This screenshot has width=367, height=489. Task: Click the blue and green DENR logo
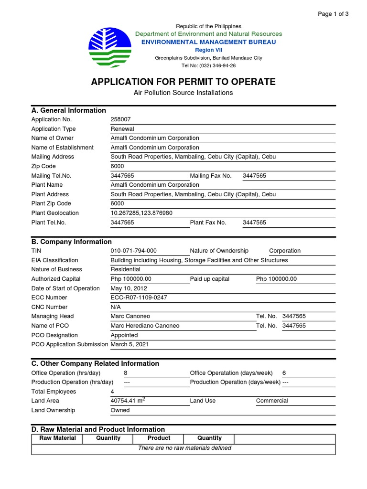[109, 47]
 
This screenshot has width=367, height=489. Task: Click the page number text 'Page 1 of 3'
[333, 14]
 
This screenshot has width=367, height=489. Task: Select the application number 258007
[120, 120]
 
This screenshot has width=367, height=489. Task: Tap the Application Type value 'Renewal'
[122, 129]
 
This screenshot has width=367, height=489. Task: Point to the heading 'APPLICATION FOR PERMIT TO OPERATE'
[183, 82]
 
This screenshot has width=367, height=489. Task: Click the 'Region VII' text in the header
[208, 50]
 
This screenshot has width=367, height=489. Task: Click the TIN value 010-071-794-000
[133, 251]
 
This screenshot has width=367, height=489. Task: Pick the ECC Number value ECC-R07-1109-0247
[139, 298]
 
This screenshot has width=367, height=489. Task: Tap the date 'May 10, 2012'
[129, 288]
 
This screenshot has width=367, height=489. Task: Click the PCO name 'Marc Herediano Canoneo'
[145, 326]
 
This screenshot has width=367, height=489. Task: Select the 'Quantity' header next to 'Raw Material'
[108, 438]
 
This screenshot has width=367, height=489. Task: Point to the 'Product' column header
[159, 438]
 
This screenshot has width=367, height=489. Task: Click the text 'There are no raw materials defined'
[184, 448]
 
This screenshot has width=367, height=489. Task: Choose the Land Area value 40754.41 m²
[128, 401]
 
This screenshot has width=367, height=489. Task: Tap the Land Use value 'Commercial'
[272, 401]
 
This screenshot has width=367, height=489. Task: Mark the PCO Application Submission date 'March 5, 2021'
[133, 344]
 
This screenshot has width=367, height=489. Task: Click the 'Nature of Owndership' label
[219, 251]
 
